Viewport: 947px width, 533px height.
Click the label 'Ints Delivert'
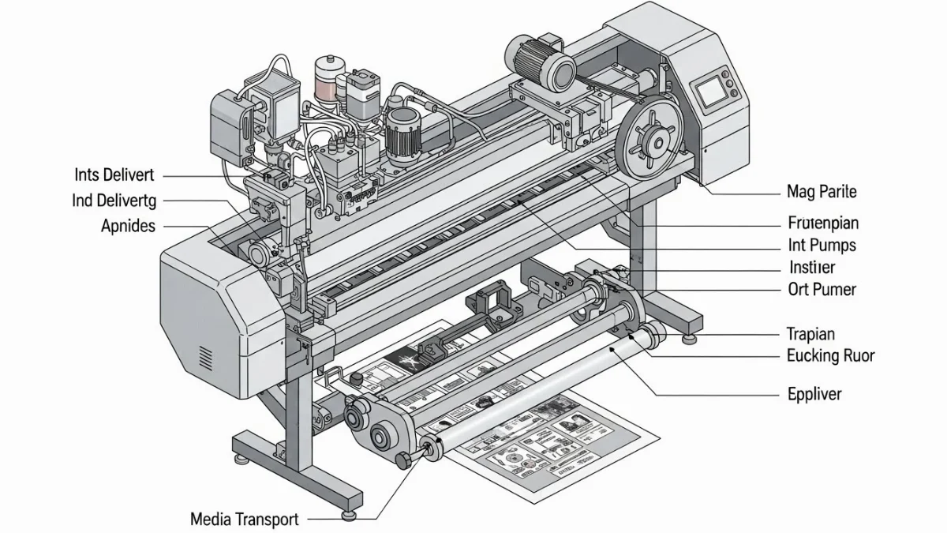[114, 175]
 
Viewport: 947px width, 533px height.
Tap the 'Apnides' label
[129, 226]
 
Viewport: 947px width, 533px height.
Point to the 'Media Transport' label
[245, 520]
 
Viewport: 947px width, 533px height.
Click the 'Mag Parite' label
[822, 191]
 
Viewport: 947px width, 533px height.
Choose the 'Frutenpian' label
[823, 223]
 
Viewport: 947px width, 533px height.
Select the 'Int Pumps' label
[822, 246]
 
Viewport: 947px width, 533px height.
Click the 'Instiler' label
[811, 268]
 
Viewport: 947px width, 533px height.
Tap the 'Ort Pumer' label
[822, 289]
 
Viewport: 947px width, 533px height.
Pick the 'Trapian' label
[810, 334]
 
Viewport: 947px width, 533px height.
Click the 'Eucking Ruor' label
[830, 356]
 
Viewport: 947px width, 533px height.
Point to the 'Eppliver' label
[814, 393]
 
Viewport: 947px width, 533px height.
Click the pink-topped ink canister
[327, 79]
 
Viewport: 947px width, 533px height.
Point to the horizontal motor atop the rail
[541, 63]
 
